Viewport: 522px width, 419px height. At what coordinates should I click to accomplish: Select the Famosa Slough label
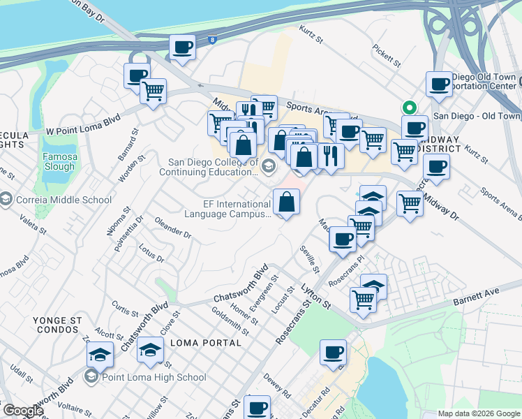pyautogui.click(x=59, y=161)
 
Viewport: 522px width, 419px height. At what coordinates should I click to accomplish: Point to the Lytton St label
pyautogui.click(x=315, y=295)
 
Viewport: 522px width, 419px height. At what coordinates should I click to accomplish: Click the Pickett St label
pyautogui.click(x=387, y=56)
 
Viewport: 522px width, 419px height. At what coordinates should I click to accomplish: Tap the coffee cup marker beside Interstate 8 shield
pyautogui.click(x=182, y=48)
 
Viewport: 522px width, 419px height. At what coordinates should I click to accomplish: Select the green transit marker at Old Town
pyautogui.click(x=408, y=108)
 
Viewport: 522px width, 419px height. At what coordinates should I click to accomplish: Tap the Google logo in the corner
pyautogui.click(x=23, y=411)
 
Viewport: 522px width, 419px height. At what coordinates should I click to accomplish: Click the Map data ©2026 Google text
pyautogui.click(x=479, y=413)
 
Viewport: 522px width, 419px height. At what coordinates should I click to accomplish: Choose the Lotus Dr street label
pyautogui.click(x=151, y=253)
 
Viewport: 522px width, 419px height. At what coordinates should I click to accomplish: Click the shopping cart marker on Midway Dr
pyautogui.click(x=410, y=203)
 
